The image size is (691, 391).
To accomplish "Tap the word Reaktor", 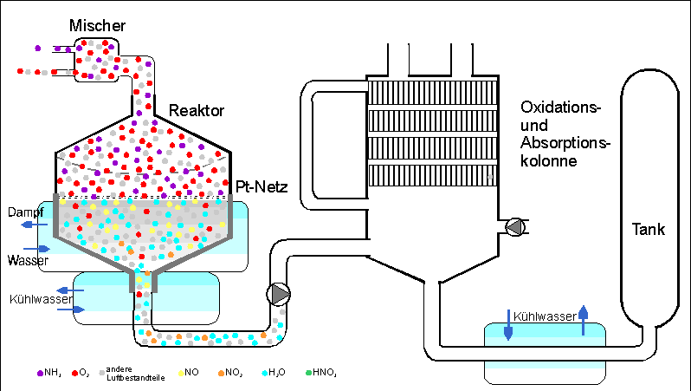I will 197,111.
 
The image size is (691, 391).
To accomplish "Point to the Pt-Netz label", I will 261,186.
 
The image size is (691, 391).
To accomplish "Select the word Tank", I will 648,230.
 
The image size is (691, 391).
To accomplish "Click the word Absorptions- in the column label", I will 565,143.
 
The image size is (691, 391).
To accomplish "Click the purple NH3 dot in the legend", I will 40,373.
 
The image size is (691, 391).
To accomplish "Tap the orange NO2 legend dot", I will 221,373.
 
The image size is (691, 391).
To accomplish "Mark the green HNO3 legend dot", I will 308,373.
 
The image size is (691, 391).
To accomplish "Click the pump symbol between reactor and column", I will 280,294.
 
